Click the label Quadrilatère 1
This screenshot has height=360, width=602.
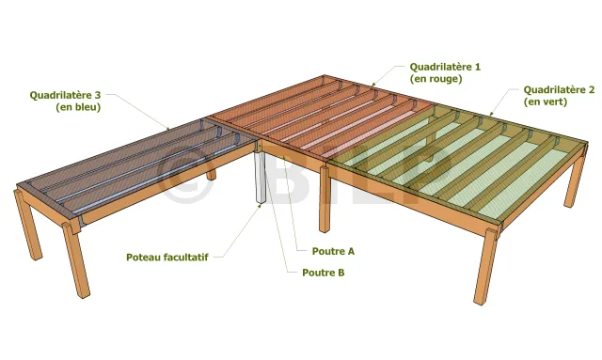tap(445, 67)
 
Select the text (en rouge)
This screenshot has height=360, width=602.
tap(436, 79)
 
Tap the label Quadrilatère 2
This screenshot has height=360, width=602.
tap(559, 90)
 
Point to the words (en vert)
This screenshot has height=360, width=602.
tap(546, 102)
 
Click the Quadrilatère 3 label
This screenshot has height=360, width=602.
tap(65, 95)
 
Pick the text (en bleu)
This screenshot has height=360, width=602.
tap(78, 107)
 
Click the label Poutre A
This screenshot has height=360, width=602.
tap(333, 251)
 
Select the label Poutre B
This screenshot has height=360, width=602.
tap(324, 273)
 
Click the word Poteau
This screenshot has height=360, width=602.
tap(143, 258)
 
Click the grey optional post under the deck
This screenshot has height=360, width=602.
tap(260, 177)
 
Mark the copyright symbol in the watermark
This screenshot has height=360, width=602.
tap(185, 175)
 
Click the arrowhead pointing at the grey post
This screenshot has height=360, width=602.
tap(260, 206)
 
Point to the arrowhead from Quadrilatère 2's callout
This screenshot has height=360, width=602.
tap(491, 114)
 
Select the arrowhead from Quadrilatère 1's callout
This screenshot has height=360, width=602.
tap(372, 85)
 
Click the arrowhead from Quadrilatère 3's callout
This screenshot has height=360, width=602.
tap(167, 128)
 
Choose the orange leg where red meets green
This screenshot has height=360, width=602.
tap(325, 198)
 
